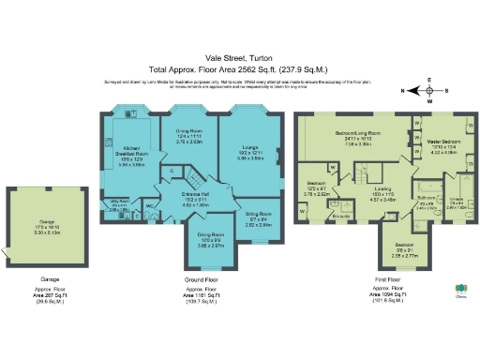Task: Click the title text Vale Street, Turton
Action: coord(239,58)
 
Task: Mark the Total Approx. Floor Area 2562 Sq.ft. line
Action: coord(239,69)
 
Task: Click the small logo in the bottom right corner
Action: coord(460,291)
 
